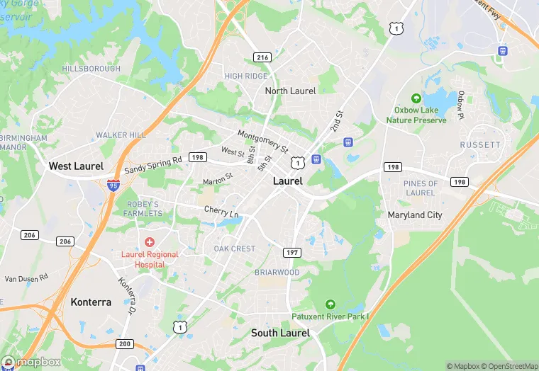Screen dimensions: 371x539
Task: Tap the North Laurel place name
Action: point(290,91)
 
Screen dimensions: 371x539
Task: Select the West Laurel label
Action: point(76,166)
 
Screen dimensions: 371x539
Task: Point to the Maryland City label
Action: point(415,215)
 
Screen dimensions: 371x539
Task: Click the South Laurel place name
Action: point(280,333)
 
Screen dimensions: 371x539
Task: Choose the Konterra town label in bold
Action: point(91,302)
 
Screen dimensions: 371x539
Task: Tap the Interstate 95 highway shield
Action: point(113,185)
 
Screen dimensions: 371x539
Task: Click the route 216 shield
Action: point(262,57)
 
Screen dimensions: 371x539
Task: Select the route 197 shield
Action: point(292,253)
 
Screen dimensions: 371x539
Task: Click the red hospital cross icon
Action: point(150,242)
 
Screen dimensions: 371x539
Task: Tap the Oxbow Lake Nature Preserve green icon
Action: point(416,98)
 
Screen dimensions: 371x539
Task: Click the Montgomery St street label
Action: point(262,141)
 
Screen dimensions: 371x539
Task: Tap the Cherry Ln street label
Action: point(221,212)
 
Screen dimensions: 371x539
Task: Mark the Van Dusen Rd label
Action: point(26,278)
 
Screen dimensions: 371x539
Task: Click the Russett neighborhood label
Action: point(480,144)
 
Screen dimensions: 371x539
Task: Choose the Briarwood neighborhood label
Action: point(277,273)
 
